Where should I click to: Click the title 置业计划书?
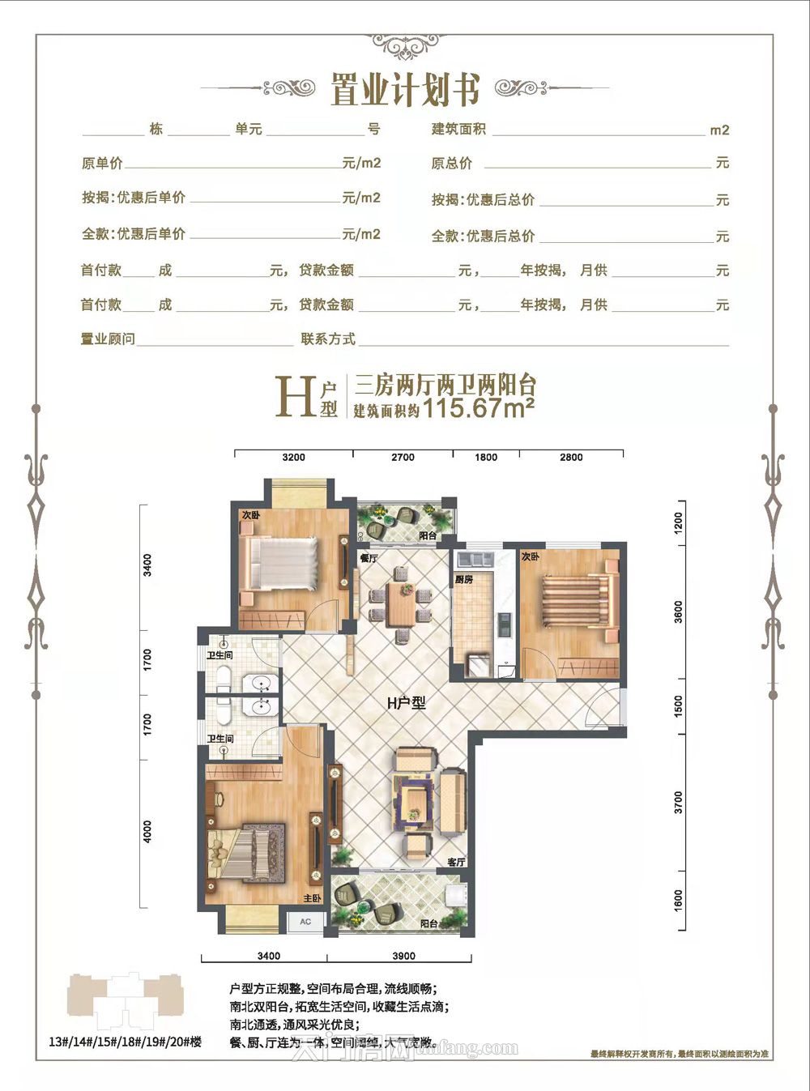(405, 89)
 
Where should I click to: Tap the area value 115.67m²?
(478, 407)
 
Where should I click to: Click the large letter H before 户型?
(295, 397)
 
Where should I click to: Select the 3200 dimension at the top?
(293, 458)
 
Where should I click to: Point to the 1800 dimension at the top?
(486, 458)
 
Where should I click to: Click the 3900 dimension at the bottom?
(403, 956)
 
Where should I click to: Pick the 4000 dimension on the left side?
(147, 832)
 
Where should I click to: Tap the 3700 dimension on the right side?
(679, 803)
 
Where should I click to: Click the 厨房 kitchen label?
(463, 580)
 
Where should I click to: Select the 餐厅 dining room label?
(369, 558)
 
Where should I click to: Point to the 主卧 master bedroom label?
(312, 899)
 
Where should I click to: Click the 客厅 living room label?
(456, 863)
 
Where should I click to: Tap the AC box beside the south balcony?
(305, 922)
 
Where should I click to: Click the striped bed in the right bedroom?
(577, 600)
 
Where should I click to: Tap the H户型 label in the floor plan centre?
(406, 703)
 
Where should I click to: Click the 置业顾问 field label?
(108, 339)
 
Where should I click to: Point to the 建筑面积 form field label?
(458, 130)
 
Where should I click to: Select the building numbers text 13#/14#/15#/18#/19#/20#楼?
(125, 1042)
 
